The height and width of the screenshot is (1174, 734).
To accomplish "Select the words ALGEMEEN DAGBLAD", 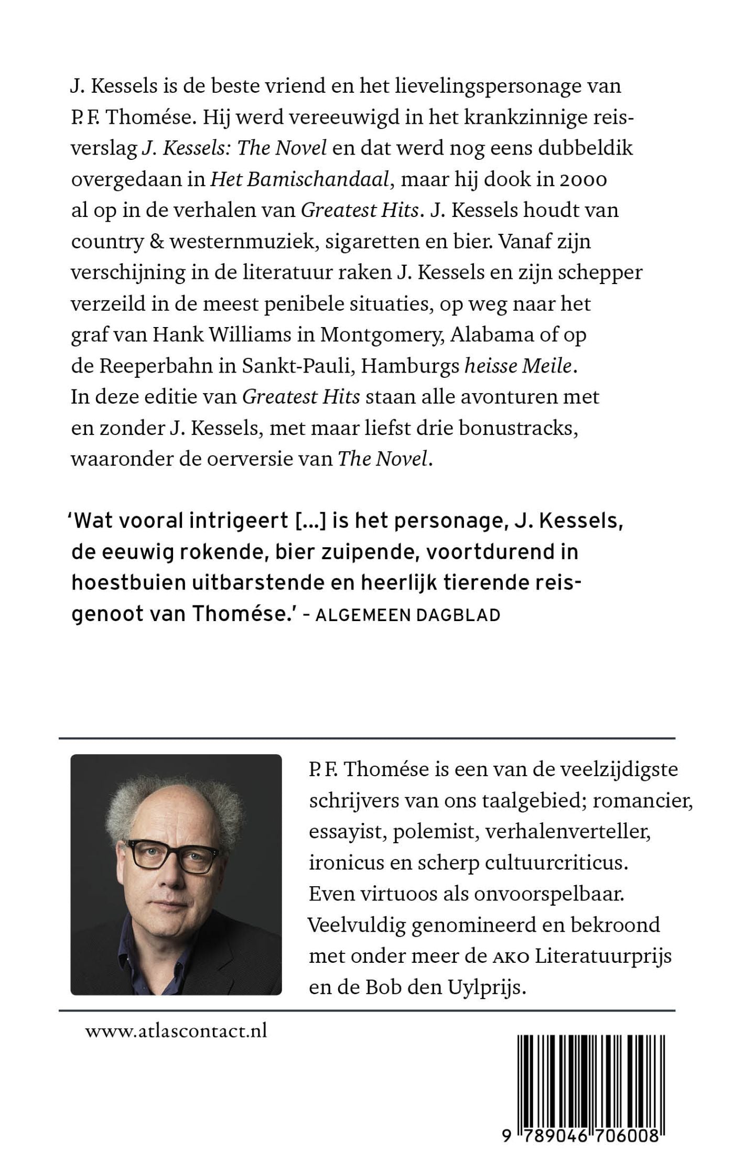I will (x=408, y=615).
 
